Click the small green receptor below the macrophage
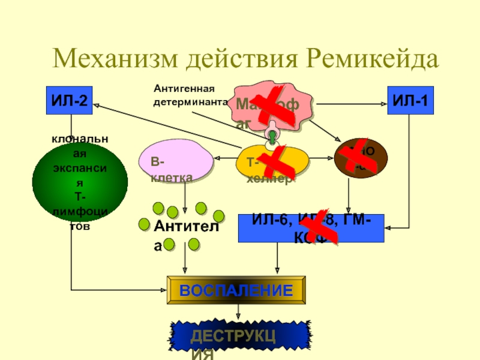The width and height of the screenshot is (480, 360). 272,137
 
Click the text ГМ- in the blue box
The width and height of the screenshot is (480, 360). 357,221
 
